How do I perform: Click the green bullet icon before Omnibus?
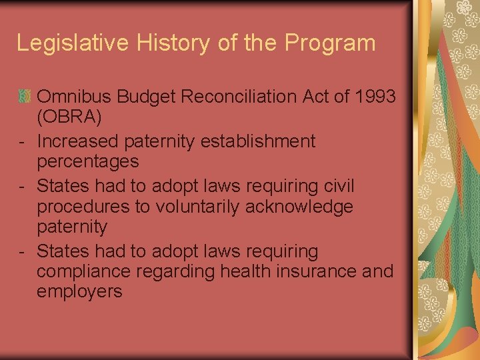(x=25, y=97)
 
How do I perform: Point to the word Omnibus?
(x=74, y=97)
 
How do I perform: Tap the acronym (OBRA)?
(x=70, y=117)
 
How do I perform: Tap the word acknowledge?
(x=299, y=207)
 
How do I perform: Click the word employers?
(x=80, y=292)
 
